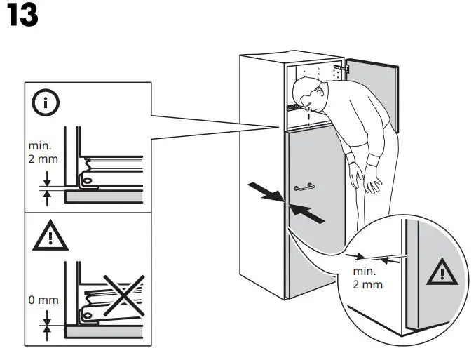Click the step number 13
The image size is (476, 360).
point(22,16)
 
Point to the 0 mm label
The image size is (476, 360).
point(43,300)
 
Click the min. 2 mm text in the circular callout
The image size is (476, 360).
point(367,278)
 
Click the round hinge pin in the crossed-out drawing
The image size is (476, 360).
point(90,318)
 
